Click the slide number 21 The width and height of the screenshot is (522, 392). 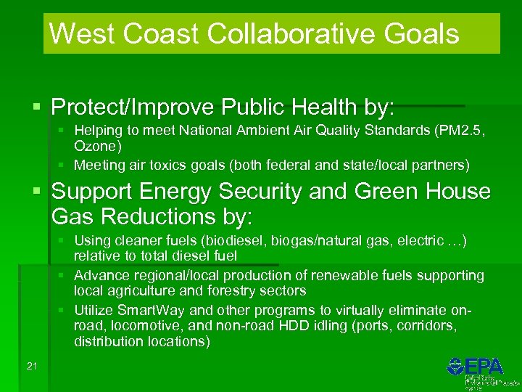click(x=31, y=366)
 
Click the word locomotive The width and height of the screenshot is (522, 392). click(x=136, y=326)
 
